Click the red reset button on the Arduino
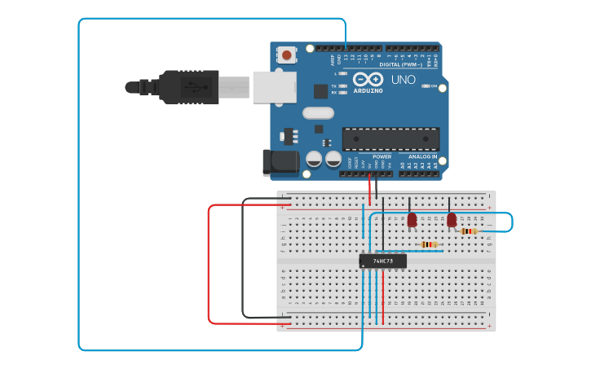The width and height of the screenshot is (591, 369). (x=286, y=55)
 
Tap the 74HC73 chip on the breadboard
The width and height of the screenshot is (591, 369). (x=382, y=261)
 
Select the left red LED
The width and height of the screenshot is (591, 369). (x=412, y=219)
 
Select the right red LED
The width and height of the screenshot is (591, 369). (x=452, y=219)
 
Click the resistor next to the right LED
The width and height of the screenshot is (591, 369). (x=469, y=231)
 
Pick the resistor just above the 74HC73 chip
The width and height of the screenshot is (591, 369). (x=429, y=244)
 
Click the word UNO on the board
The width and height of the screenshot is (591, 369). (x=403, y=80)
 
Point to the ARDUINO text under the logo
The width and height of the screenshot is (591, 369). (x=368, y=90)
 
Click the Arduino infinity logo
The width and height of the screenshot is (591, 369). (x=368, y=79)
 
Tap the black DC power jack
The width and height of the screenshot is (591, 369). (x=281, y=161)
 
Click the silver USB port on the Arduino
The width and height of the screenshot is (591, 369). (x=274, y=86)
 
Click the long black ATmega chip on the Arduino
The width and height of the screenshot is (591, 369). (x=390, y=138)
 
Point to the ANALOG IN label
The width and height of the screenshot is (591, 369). (x=422, y=156)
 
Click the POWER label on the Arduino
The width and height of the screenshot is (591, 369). (x=382, y=156)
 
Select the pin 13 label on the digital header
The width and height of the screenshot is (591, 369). (x=346, y=59)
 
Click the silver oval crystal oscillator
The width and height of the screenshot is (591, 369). (x=318, y=113)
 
